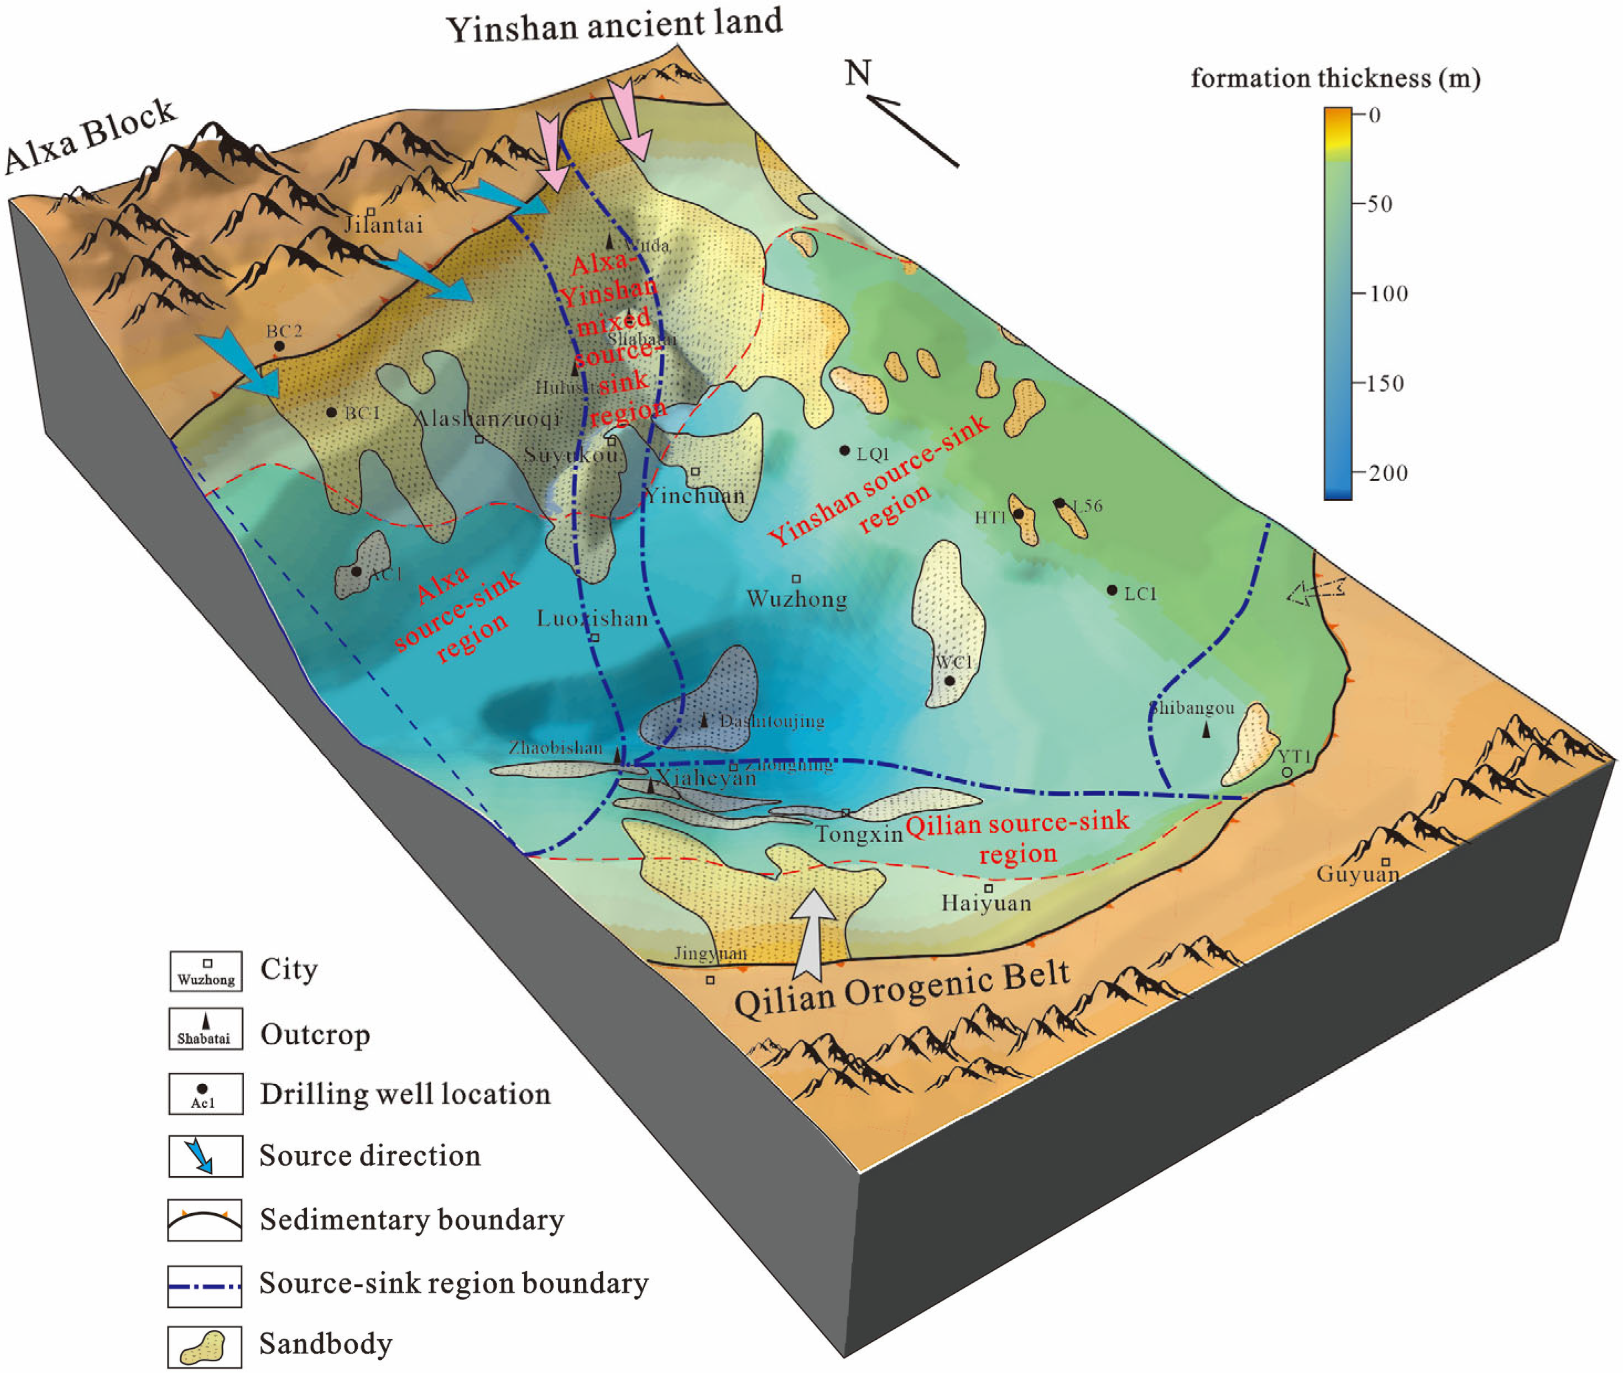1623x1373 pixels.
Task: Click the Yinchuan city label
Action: click(x=695, y=495)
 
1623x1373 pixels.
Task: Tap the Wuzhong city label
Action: click(x=796, y=598)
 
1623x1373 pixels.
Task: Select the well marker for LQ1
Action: click(x=844, y=451)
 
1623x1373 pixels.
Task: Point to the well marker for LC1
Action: click(x=1111, y=591)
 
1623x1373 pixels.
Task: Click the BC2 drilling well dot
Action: click(x=279, y=346)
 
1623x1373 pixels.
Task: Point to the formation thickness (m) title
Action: click(x=1335, y=78)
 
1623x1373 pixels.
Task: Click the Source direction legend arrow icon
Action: click(x=205, y=1156)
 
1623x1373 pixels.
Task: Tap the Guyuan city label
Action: click(x=1358, y=874)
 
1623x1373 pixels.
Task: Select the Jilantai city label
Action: click(x=384, y=225)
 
